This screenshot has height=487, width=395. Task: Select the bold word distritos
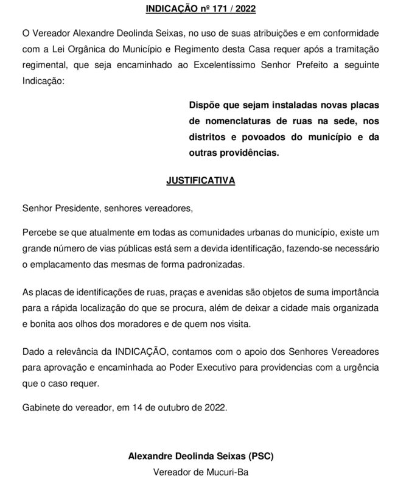pos(209,137)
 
